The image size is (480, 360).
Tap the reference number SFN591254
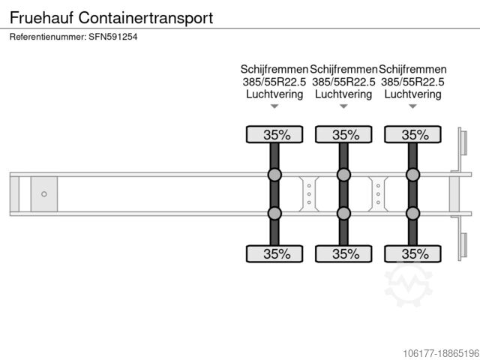pyautogui.click(x=73, y=37)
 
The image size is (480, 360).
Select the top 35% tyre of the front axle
pyautogui.click(x=274, y=134)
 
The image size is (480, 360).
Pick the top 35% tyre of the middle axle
pyautogui.click(x=343, y=134)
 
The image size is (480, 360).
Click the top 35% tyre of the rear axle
pyautogui.click(x=412, y=134)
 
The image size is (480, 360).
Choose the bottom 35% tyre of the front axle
pyautogui.click(x=274, y=253)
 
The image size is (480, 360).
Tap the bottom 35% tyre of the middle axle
pyautogui.click(x=343, y=253)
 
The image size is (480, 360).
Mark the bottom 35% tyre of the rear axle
pyautogui.click(x=412, y=253)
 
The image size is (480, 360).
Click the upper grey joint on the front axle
pyautogui.click(x=274, y=175)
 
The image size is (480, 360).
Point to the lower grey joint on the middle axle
pyautogui.click(x=343, y=213)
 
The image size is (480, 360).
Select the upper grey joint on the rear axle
pyautogui.click(x=412, y=175)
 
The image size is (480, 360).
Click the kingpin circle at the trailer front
pyautogui.click(x=43, y=194)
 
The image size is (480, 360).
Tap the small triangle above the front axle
pyautogui.click(x=274, y=107)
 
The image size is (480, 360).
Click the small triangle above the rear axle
pyautogui.click(x=412, y=107)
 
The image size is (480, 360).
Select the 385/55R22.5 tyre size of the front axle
pyautogui.click(x=274, y=82)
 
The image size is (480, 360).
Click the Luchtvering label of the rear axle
pyautogui.click(x=412, y=94)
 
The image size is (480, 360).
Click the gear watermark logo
pyautogui.click(x=408, y=286)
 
